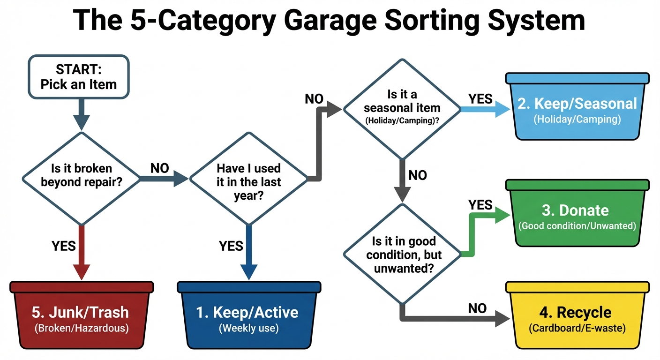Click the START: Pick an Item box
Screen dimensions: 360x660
(x=78, y=77)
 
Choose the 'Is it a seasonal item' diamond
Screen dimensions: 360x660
(x=402, y=108)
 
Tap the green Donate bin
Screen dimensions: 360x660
(x=577, y=216)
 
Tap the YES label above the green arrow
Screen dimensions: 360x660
(x=480, y=205)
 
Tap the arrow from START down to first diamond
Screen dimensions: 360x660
(x=81, y=115)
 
